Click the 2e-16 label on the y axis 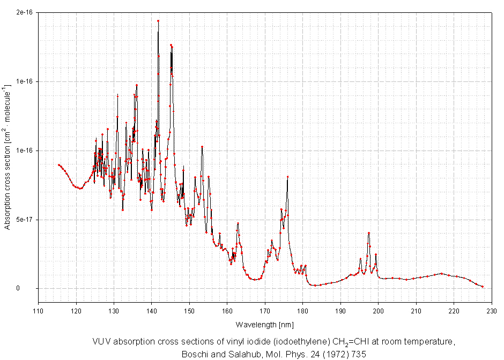22,12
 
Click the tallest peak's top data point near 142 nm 158,21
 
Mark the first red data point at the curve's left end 58,164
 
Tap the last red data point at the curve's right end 483,287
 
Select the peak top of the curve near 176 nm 287,176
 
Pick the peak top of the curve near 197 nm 369,233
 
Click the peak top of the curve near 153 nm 202,146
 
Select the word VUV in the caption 101,342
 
